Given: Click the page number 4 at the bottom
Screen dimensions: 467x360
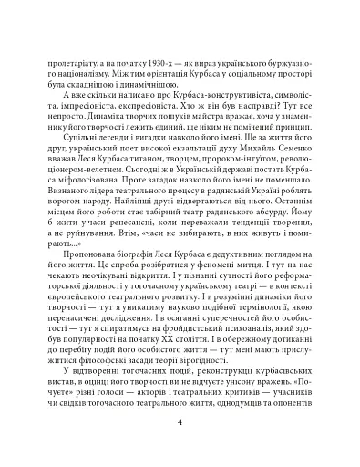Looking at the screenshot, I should (x=180, y=422).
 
